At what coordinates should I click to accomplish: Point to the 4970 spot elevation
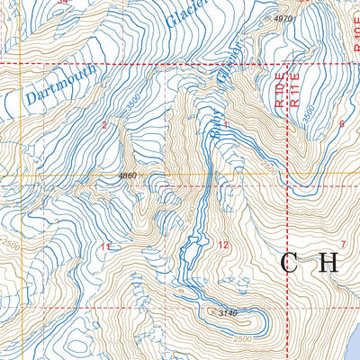click(x=283, y=18)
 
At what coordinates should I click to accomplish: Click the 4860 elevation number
click(x=126, y=175)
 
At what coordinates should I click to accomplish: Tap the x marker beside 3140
click(x=210, y=312)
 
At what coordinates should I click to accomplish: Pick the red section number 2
click(x=104, y=125)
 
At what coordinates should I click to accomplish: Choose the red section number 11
click(x=105, y=247)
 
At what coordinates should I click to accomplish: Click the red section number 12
click(x=224, y=245)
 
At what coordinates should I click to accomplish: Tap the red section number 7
click(x=343, y=245)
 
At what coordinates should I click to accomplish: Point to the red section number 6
click(x=341, y=123)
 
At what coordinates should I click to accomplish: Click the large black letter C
click(x=291, y=264)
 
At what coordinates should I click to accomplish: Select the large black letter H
click(x=328, y=264)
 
